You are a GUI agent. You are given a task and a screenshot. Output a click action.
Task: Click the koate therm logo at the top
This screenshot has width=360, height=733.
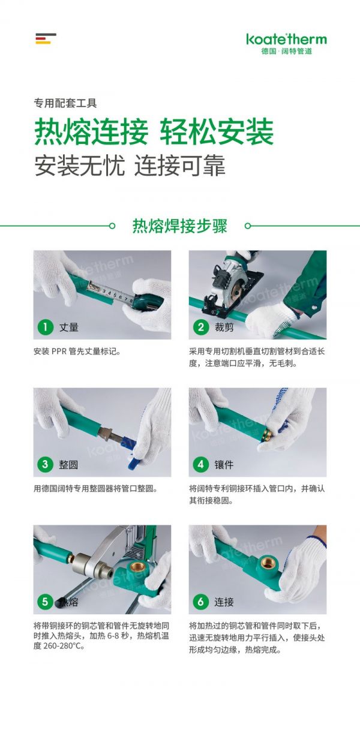pyautogui.click(x=286, y=44)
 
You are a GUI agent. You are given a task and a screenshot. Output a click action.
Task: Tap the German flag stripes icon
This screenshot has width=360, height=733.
pyautogui.click(x=46, y=38)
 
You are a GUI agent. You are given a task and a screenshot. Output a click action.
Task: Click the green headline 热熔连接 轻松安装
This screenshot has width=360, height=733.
pyautogui.click(x=154, y=132)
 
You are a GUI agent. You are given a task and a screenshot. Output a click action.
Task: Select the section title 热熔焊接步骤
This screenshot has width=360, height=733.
pyautogui.click(x=179, y=226)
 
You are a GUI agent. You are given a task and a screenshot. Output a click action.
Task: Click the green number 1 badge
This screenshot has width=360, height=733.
pyautogui.click(x=45, y=326)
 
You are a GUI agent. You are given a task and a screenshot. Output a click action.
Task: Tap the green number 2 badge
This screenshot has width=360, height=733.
pyautogui.click(x=200, y=326)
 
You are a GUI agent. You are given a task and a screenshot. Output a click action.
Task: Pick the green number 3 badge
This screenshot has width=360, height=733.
pyautogui.click(x=45, y=464)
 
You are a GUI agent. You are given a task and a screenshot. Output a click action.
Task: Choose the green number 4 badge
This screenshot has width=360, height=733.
pyautogui.click(x=200, y=464)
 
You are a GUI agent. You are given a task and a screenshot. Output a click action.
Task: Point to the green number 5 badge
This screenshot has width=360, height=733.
pyautogui.click(x=45, y=602)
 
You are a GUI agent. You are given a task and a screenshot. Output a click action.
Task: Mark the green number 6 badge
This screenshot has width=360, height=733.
pyautogui.click(x=200, y=602)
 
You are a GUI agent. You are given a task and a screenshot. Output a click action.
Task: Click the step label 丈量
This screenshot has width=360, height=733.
pyautogui.click(x=69, y=327)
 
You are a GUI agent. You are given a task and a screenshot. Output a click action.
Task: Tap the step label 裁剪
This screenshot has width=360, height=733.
pyautogui.click(x=224, y=327)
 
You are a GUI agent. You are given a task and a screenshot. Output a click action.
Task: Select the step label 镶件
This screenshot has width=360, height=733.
pyautogui.click(x=224, y=464)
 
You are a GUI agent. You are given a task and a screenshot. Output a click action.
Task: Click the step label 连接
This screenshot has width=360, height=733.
pyautogui.click(x=224, y=602)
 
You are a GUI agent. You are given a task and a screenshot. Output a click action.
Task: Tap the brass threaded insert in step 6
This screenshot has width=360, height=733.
pyautogui.click(x=269, y=562)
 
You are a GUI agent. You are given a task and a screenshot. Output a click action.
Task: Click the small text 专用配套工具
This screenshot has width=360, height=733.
pyautogui.click(x=65, y=103)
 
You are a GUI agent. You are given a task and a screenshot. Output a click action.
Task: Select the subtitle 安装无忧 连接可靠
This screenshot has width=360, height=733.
pyautogui.click(x=130, y=166)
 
